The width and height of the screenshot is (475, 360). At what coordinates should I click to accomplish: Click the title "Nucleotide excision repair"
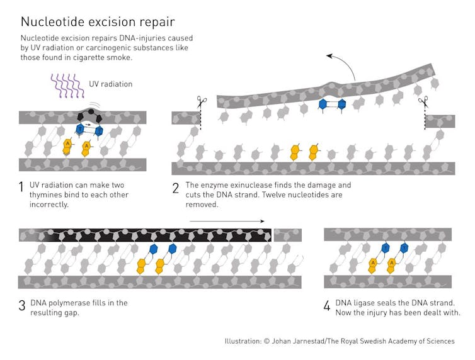98,23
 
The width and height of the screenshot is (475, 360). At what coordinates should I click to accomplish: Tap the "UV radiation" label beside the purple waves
111,84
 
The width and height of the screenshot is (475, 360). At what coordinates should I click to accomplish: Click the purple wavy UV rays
67,86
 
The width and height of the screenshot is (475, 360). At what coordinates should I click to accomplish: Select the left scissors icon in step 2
202,102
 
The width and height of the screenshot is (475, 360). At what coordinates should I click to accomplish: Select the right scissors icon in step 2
423,102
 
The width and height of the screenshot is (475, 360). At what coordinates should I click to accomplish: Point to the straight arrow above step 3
227,221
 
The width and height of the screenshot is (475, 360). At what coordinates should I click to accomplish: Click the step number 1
21,187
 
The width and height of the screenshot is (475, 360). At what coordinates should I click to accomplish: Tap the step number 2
176,188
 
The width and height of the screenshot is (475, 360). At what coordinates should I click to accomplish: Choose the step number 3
22,305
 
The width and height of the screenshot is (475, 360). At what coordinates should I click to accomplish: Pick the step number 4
327,306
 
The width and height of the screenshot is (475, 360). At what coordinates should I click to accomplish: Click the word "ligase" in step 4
368,303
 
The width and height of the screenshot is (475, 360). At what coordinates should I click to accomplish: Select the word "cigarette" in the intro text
88,57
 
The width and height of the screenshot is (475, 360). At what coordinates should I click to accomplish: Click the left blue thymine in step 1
80,130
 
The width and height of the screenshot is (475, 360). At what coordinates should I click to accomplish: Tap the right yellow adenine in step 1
87,149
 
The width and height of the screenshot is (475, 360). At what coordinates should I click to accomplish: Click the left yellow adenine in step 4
373,266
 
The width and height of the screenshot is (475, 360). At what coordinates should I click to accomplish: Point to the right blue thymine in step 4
404,248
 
